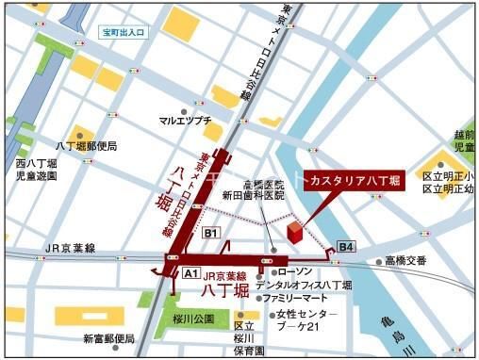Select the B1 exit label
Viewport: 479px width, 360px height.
211,232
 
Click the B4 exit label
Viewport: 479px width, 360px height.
347,247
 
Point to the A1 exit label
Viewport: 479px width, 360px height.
190,273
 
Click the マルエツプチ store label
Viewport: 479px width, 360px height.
183,121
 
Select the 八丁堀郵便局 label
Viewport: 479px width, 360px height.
86,146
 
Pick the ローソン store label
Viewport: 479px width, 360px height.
297,271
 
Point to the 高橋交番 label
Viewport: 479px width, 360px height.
405,261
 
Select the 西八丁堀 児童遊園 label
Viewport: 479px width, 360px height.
36,170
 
